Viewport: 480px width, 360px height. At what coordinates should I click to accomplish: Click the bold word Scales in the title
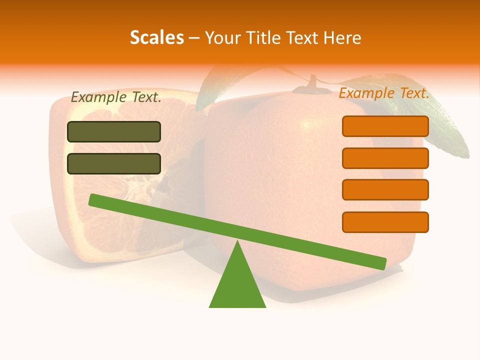point(156,37)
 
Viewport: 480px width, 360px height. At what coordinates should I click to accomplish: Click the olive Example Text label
point(116,97)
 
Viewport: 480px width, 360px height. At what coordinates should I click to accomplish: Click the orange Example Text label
point(384,93)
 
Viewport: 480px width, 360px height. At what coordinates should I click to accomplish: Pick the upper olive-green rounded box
point(114,131)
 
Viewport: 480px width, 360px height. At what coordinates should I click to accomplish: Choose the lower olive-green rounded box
point(114,163)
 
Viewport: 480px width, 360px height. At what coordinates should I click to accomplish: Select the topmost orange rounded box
point(385,126)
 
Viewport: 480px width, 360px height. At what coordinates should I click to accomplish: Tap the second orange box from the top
point(385,158)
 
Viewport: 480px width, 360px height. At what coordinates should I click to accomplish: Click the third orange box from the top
point(385,190)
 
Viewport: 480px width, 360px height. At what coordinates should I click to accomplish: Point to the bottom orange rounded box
point(385,222)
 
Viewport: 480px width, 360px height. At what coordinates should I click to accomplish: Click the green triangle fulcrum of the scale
point(237,285)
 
